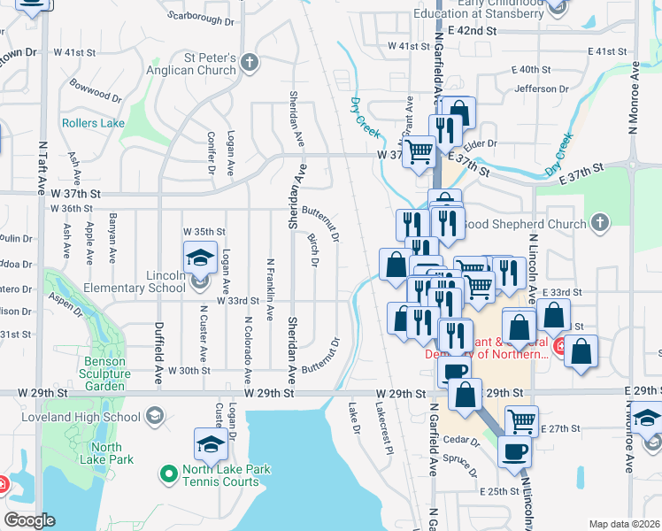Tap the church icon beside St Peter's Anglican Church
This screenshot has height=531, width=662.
(x=250, y=63)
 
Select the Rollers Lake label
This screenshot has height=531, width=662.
(x=93, y=123)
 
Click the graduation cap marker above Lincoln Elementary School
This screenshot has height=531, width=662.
(x=200, y=258)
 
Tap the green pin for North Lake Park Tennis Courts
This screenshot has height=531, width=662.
(x=168, y=475)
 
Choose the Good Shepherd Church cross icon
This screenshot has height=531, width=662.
(x=600, y=224)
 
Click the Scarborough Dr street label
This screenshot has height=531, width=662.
(x=200, y=16)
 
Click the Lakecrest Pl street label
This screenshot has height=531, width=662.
(x=382, y=430)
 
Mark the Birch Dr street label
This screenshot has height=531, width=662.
(x=312, y=251)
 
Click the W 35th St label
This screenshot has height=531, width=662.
(x=199, y=230)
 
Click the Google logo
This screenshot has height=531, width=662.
(x=29, y=520)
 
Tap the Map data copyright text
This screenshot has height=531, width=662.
(x=623, y=524)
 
